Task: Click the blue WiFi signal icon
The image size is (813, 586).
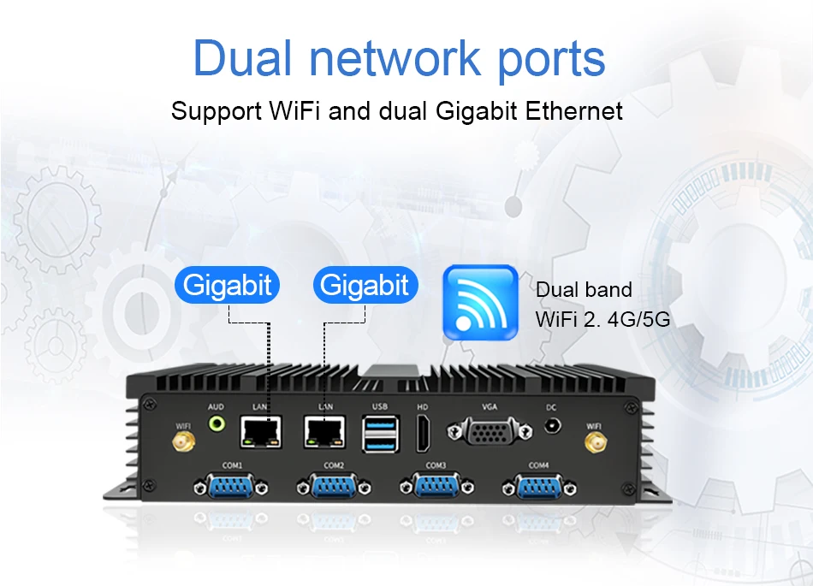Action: (480, 302)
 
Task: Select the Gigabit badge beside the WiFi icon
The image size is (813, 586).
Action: (365, 285)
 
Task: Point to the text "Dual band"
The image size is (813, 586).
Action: (585, 290)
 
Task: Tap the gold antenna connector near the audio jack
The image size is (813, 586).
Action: (182, 443)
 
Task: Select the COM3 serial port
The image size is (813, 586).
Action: (436, 486)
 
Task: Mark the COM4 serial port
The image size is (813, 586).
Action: (537, 486)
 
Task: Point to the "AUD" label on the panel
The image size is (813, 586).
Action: (216, 406)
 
